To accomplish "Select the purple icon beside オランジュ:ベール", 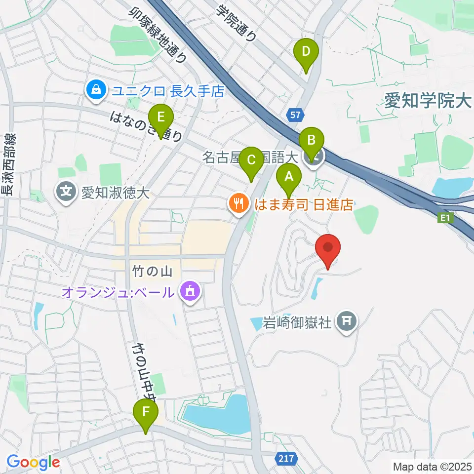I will click(189, 292).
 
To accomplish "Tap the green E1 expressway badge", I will click(445, 217).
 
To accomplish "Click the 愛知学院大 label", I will click(428, 102).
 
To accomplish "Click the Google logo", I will click(33, 462).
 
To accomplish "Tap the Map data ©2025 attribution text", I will click(433, 466).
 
